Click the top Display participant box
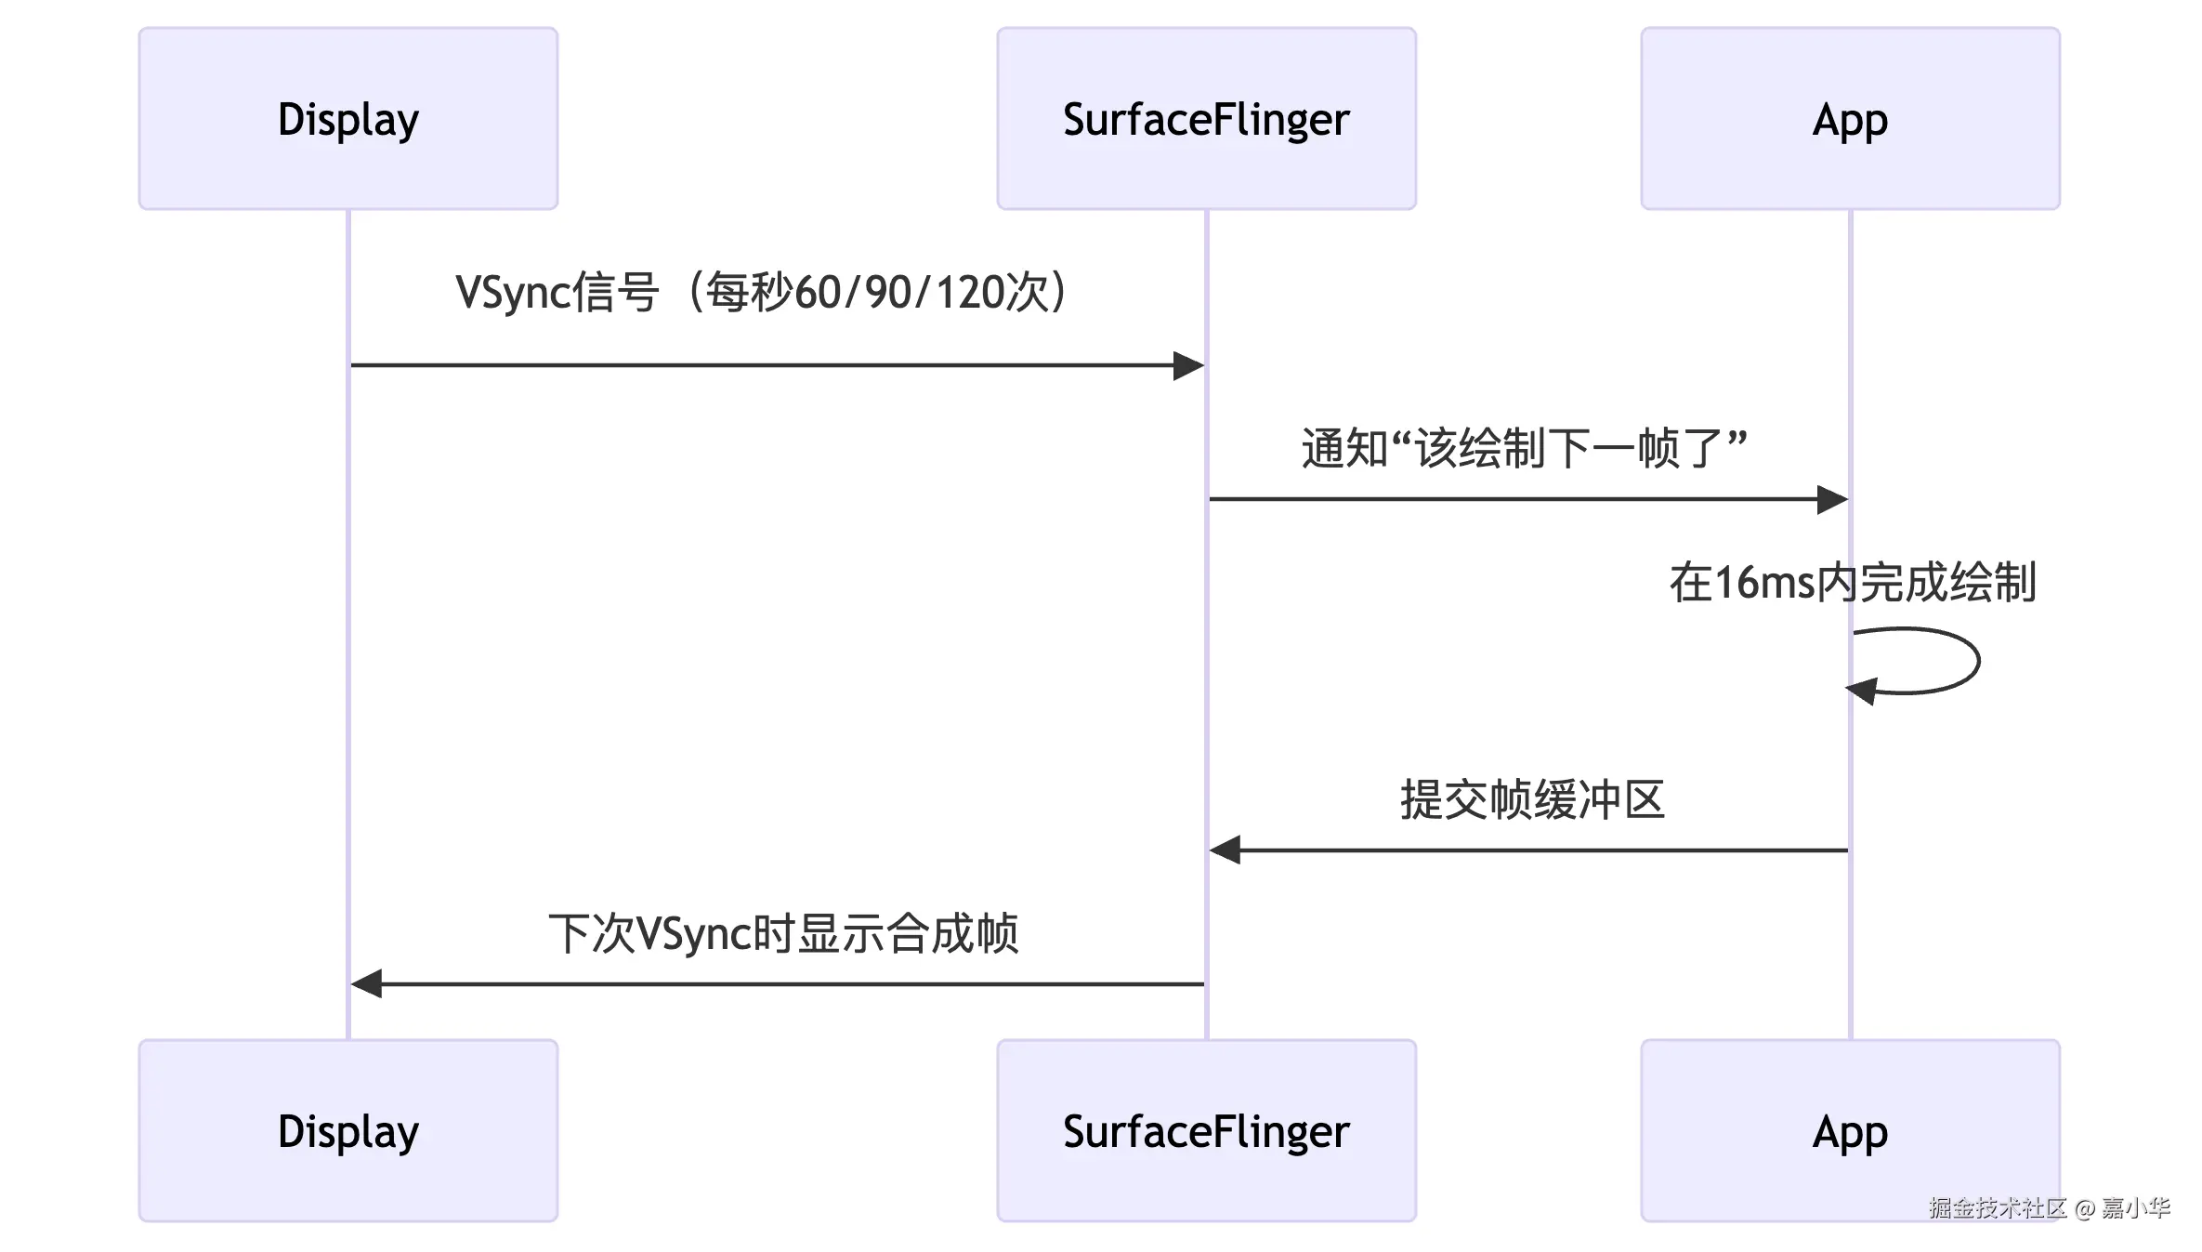pyautogui.click(x=348, y=118)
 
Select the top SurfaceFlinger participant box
pyautogui.click(x=1206, y=118)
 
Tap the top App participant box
pyautogui.click(x=1850, y=118)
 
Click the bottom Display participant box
pyautogui.click(x=348, y=1130)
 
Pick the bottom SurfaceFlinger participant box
pyautogui.click(x=1206, y=1130)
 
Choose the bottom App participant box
pyautogui.click(x=1850, y=1130)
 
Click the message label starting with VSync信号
pyautogui.click(x=762, y=292)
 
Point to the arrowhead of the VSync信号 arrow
pyautogui.click(x=1188, y=365)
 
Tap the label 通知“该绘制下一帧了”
pyautogui.click(x=1524, y=449)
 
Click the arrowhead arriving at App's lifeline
pyautogui.click(x=1832, y=499)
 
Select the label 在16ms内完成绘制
pyautogui.click(x=1852, y=583)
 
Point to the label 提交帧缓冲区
pyautogui.click(x=1531, y=799)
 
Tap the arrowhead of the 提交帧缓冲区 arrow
pyautogui.click(x=1225, y=850)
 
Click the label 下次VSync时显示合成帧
pyautogui.click(x=782, y=933)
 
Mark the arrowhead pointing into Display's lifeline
pyautogui.click(x=367, y=983)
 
